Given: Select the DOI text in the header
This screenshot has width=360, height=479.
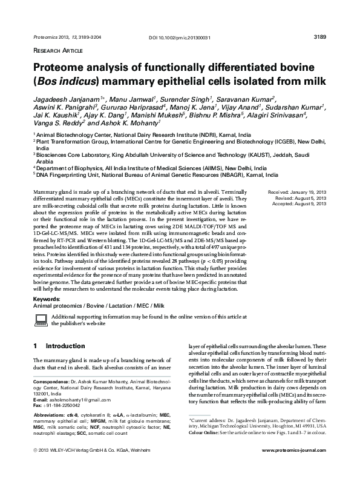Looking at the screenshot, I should tap(180, 38).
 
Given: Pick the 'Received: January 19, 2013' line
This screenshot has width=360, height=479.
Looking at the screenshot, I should tap(297, 192).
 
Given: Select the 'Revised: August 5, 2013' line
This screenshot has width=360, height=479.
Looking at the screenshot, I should tap(301, 198).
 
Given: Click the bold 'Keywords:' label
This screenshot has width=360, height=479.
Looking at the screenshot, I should tap(46, 300).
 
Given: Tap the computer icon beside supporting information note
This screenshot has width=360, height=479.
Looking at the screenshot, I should tap(40, 320).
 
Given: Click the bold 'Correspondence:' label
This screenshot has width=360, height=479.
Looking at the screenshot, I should tap(51, 383).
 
